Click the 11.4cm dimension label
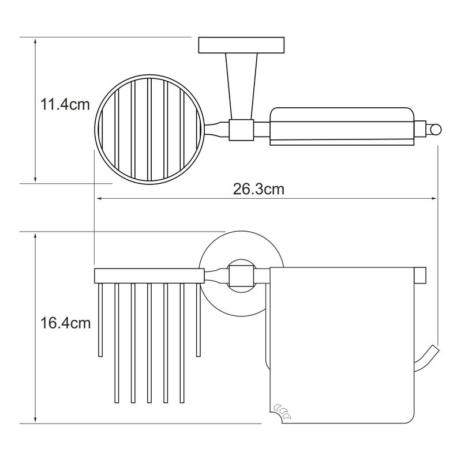(x=65, y=104)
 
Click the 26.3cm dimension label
(x=258, y=189)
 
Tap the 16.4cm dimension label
(x=65, y=323)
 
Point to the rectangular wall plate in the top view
(x=241, y=45)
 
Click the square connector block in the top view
(x=241, y=130)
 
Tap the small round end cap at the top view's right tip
(x=435, y=130)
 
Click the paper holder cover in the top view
(x=342, y=126)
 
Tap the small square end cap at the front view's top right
(x=420, y=275)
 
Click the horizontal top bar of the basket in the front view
(x=149, y=276)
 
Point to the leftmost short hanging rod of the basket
(x=100, y=320)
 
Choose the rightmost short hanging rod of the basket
(x=198, y=320)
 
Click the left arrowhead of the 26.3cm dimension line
(x=99, y=199)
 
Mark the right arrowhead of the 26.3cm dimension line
(x=434, y=199)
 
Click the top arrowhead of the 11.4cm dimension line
(x=35, y=41)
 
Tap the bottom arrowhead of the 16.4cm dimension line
(x=35, y=420)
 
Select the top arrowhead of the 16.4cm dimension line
(x=35, y=236)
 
